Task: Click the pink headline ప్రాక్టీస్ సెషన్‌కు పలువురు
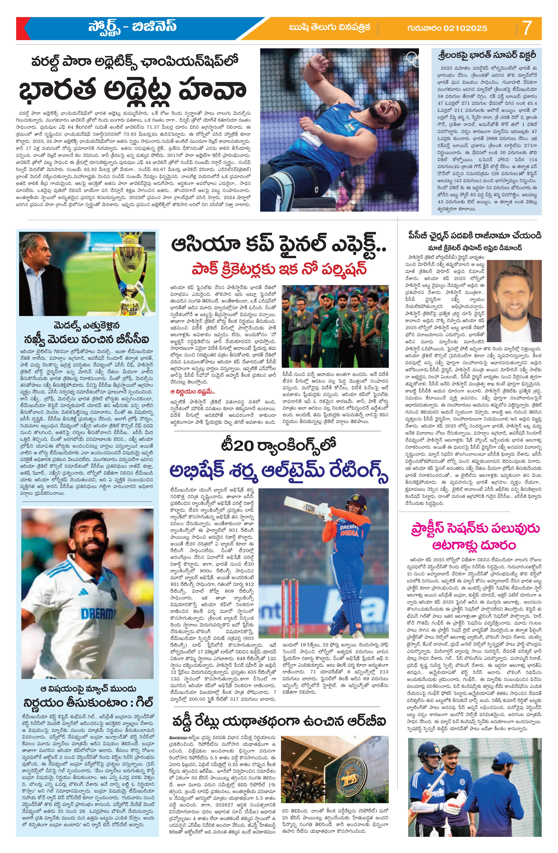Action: pyautogui.click(x=475, y=529)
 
